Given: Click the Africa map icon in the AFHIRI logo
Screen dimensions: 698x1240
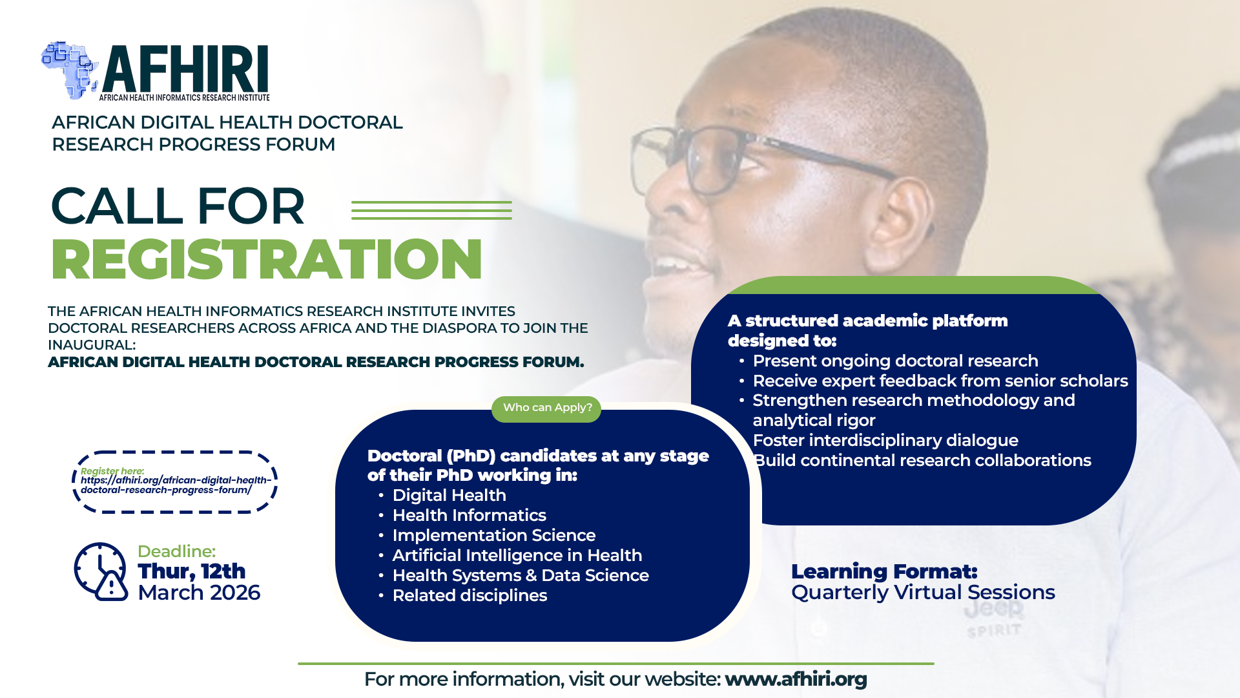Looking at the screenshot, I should [70, 70].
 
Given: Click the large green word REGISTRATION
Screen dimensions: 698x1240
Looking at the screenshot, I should [266, 259].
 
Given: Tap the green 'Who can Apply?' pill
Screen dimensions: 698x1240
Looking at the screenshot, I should [546, 408].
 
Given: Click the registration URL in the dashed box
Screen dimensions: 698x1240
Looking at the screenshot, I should [175, 485].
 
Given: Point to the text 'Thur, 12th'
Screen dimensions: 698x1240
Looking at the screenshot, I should [191, 571].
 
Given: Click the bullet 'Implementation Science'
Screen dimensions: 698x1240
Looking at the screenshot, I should [493, 535].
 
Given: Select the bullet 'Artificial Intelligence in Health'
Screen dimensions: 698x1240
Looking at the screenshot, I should [517, 555].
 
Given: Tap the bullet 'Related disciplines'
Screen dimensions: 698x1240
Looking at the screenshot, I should [470, 595].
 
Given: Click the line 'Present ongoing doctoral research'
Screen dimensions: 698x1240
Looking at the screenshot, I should [895, 361].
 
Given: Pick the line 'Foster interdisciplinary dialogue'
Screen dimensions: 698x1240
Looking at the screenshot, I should [885, 440].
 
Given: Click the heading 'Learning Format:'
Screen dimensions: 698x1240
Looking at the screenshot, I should [883, 571].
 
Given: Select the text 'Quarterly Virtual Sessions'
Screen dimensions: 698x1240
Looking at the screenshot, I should [922, 592].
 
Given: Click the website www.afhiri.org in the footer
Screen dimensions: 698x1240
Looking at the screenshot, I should [795, 679].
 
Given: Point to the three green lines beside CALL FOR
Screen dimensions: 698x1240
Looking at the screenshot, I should [431, 210].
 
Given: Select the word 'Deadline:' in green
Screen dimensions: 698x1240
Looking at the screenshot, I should [176, 551].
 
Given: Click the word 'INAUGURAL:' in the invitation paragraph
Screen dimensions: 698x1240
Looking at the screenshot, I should [92, 345].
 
